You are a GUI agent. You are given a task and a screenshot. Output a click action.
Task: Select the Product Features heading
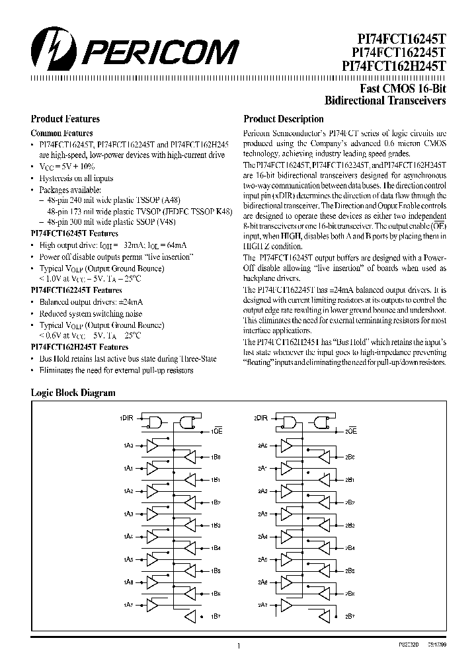pos(65,119)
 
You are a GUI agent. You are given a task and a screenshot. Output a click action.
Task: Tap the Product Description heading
pos(284,119)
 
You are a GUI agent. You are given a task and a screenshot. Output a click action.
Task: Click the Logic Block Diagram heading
pos(73,393)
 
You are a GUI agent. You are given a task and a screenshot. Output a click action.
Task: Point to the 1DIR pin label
pos(126,418)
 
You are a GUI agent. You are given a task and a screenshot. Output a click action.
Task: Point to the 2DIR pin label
pos(260,418)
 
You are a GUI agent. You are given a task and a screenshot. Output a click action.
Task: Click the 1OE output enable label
pos(216,431)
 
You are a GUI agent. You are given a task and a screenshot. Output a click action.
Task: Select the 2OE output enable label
pos(350,431)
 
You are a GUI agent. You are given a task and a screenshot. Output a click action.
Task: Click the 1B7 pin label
pos(216,616)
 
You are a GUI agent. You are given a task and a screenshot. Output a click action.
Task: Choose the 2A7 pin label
pos(261,604)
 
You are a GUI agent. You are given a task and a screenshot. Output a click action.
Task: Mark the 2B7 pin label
pos(350,616)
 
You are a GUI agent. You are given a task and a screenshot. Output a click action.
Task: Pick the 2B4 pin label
pos(350,548)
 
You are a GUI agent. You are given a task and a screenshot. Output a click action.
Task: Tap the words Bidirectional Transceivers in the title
pos(385,101)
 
